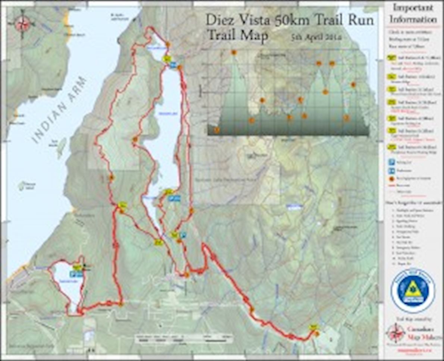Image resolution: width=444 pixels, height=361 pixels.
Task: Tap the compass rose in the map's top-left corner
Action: point(22,23)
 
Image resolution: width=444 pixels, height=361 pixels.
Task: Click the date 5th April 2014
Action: point(317,37)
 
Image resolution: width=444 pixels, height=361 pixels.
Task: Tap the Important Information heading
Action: point(413,13)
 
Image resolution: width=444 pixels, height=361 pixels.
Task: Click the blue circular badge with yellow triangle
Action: point(413,291)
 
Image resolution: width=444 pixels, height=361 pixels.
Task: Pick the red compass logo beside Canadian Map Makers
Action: point(395,332)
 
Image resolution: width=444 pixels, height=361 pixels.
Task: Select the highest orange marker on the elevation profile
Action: point(234,53)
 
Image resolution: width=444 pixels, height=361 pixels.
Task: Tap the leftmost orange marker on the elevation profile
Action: point(216,130)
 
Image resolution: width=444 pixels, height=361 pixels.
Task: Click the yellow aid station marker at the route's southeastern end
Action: point(313,327)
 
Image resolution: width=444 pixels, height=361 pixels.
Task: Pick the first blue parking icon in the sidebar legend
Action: point(392,162)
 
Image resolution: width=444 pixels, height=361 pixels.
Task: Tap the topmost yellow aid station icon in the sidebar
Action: point(392,58)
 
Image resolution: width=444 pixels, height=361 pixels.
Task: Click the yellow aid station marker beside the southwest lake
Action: point(77,267)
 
